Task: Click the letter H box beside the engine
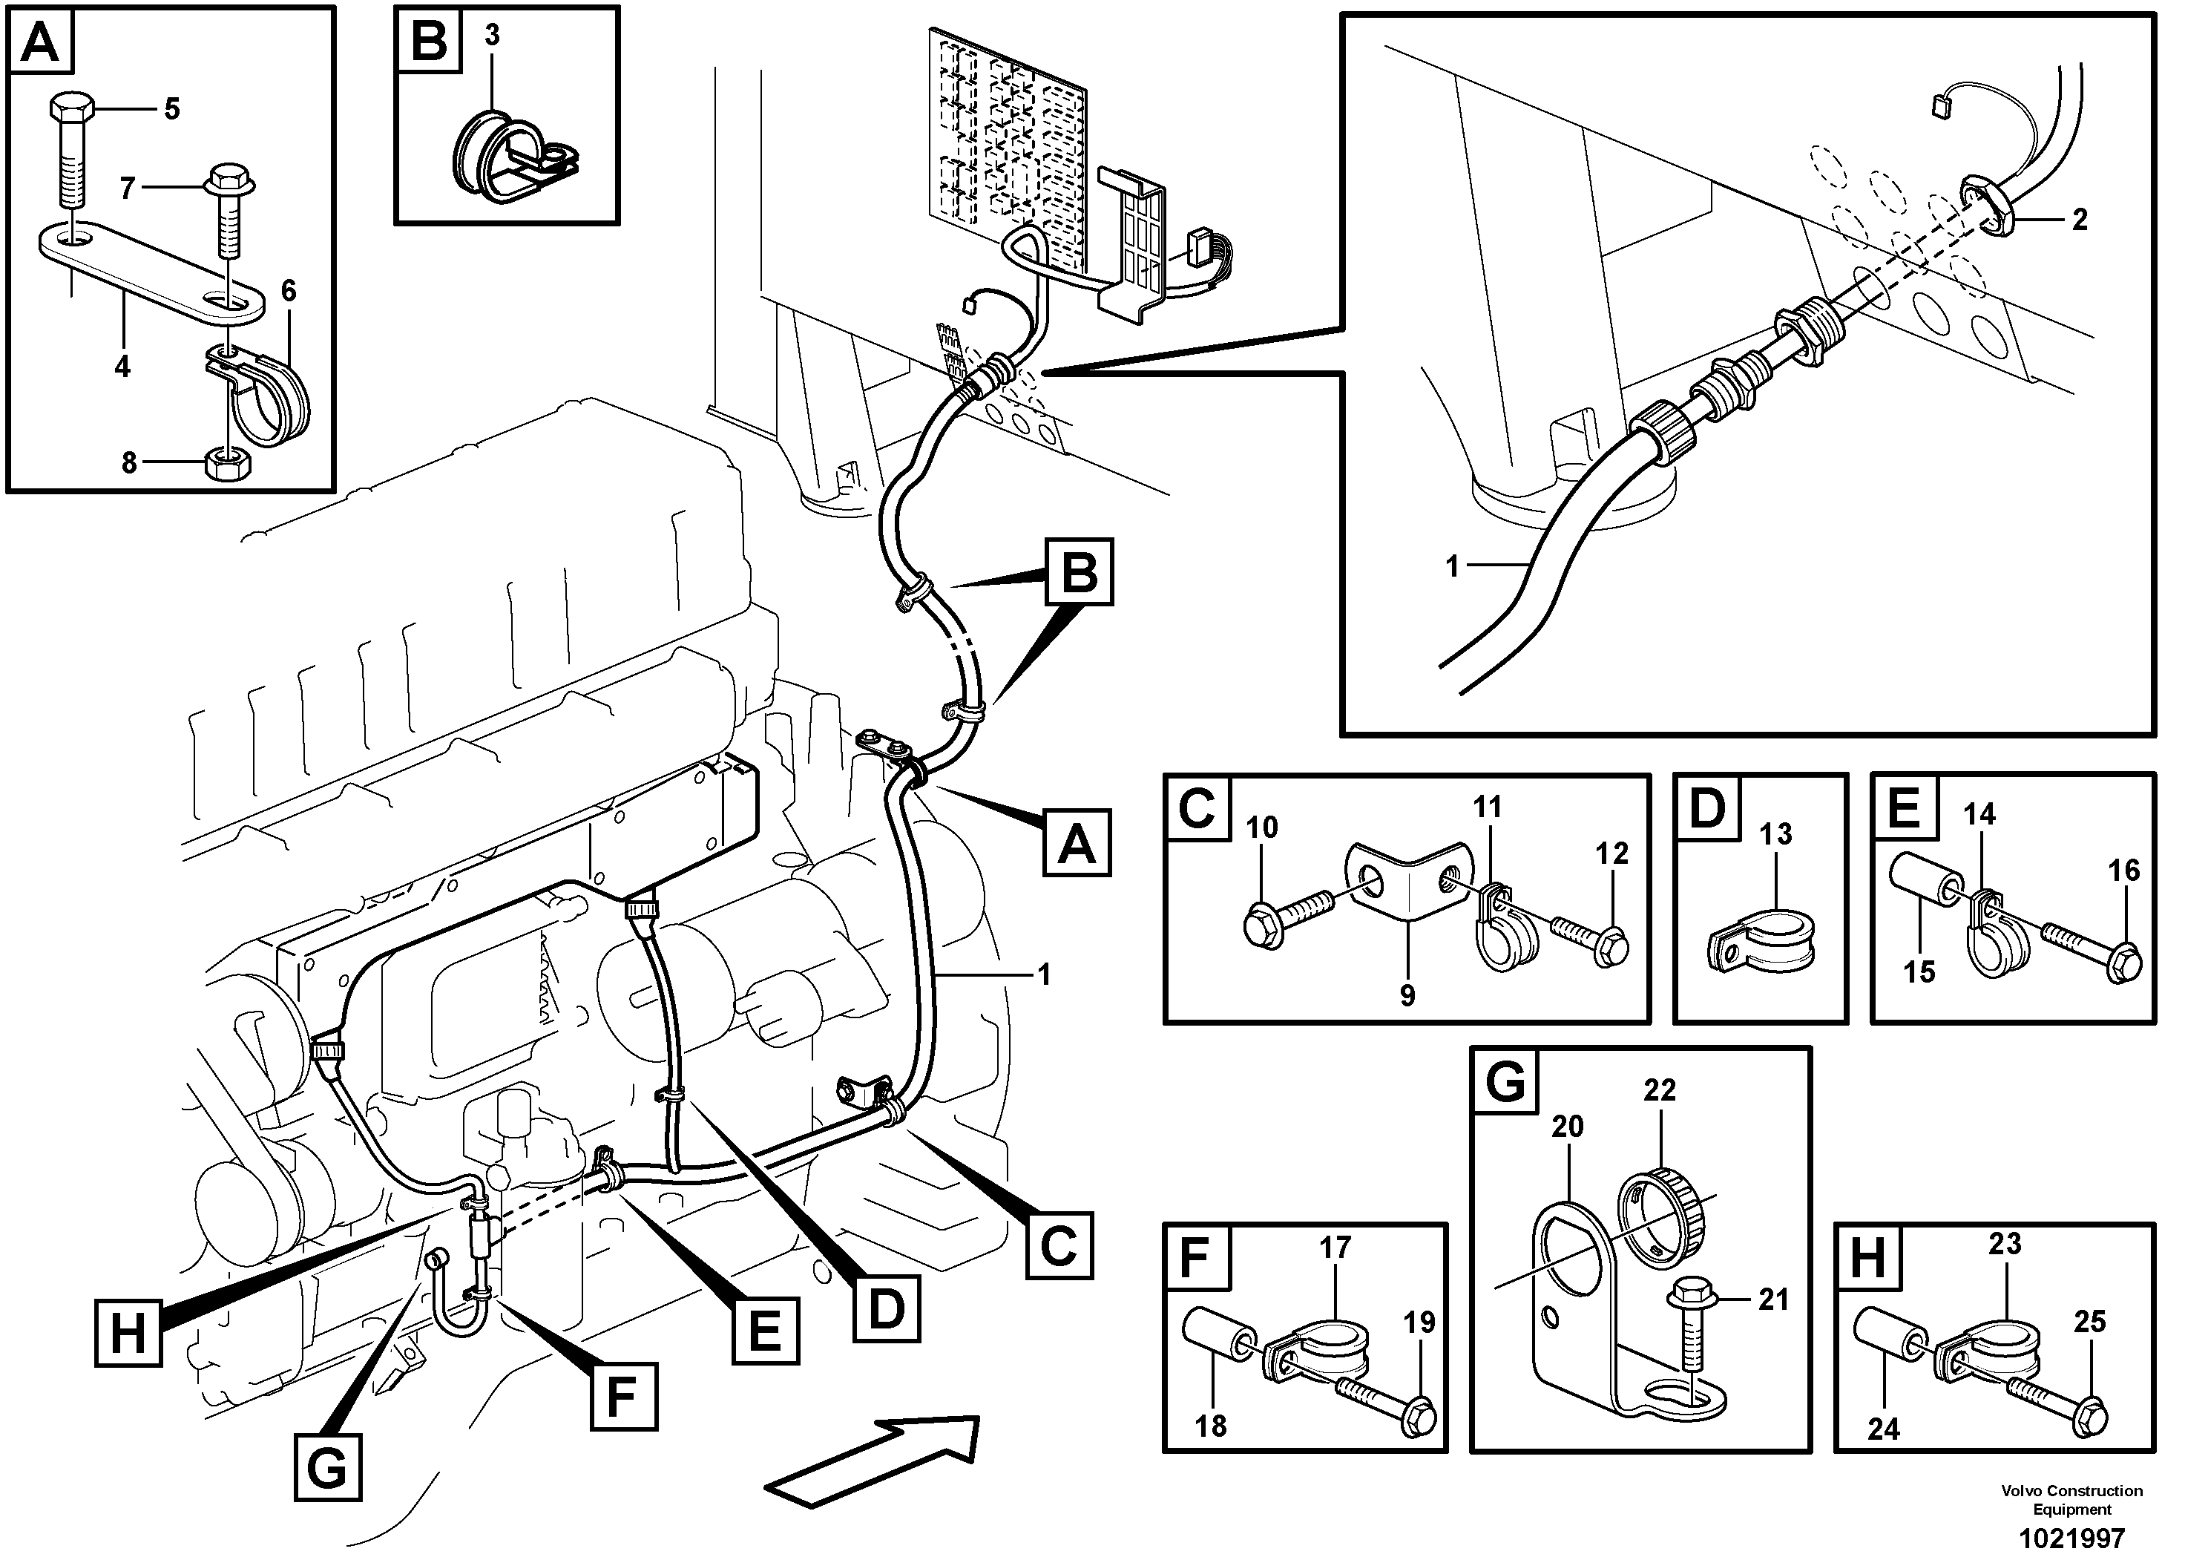point(128,1333)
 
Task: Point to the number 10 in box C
point(1262,828)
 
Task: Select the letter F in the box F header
point(1195,1257)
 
